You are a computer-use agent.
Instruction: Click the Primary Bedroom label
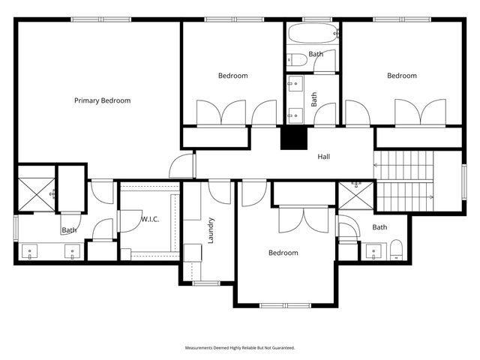pos(102,100)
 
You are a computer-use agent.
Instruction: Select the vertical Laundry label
pos(212,230)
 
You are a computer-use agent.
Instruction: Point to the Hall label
pos(323,157)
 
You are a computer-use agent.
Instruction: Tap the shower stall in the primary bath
pos(35,194)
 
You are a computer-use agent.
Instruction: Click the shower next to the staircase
pos(355,195)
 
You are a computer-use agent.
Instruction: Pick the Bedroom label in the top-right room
pos(401,76)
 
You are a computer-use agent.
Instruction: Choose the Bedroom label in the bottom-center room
pos(283,253)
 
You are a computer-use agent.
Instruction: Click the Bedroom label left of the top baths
pos(232,76)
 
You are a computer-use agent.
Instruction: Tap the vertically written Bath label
pos(314,98)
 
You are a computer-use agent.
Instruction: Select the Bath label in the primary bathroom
pos(69,230)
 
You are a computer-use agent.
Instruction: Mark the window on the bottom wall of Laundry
pos(205,283)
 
